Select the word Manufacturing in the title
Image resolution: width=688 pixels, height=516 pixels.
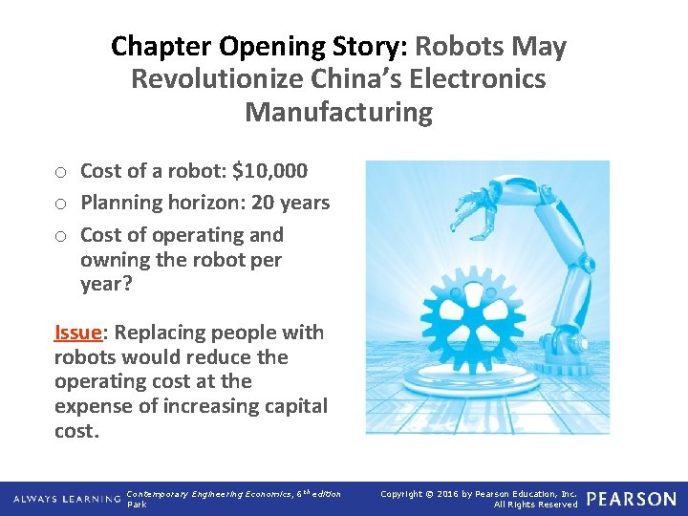[x=338, y=112]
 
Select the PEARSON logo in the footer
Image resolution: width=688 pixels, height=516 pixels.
[x=632, y=499]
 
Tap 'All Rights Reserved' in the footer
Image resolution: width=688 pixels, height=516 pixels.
[x=535, y=505]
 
